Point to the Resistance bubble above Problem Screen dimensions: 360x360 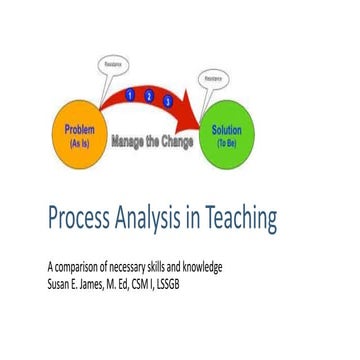click(113, 64)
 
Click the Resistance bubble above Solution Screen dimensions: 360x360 click(212, 77)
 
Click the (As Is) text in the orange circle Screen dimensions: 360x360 click(79, 143)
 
